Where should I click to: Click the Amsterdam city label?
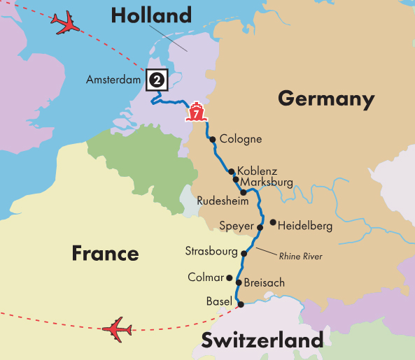(x=113, y=80)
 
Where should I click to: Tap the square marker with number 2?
(x=157, y=80)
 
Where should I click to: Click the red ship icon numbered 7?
(x=197, y=111)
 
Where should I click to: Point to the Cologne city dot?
(x=213, y=139)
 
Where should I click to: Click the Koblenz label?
(x=257, y=171)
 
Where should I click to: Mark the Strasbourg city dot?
(x=244, y=253)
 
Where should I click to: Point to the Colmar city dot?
(x=229, y=277)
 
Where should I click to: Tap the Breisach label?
(x=265, y=283)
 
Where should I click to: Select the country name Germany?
(x=325, y=99)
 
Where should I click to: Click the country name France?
(x=105, y=253)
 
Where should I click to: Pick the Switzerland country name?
(x=262, y=341)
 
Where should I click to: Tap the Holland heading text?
(x=150, y=15)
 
